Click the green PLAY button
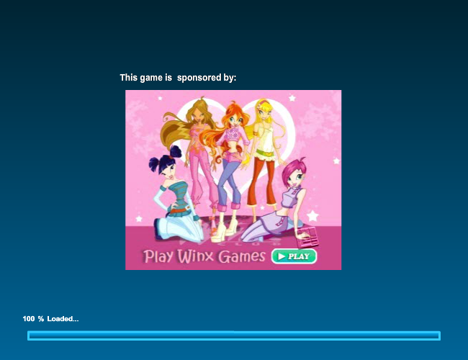[294, 256]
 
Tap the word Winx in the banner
[196, 256]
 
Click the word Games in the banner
[242, 256]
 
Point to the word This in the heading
[129, 78]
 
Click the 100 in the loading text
[29, 319]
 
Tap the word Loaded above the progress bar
[60, 319]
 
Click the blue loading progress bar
[234, 336]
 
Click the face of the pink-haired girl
[294, 177]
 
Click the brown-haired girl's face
[197, 115]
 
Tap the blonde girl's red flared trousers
[262, 182]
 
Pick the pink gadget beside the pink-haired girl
[307, 237]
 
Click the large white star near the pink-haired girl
[312, 215]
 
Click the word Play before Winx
[158, 256]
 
